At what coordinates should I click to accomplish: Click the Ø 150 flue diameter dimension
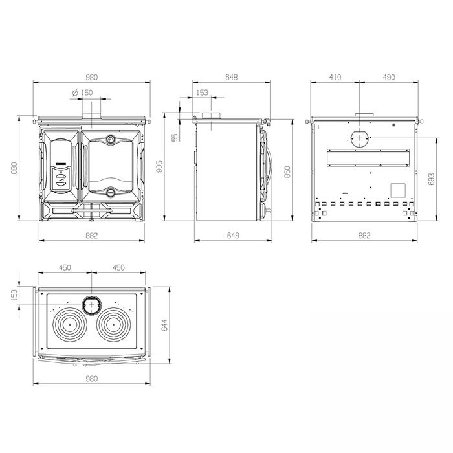pos(83,93)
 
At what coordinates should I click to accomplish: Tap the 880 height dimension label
pos(14,168)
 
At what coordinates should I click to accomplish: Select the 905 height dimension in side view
pos(159,167)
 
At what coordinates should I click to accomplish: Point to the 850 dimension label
pos(287,171)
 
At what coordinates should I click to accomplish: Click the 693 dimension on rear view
pos(431,179)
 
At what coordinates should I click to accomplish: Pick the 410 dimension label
pos(335,77)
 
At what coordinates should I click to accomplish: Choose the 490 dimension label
pos(389,77)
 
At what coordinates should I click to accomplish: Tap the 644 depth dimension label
pos(164,325)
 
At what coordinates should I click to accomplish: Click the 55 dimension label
pos(175,137)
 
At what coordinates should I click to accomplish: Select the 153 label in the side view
pos(202,93)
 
